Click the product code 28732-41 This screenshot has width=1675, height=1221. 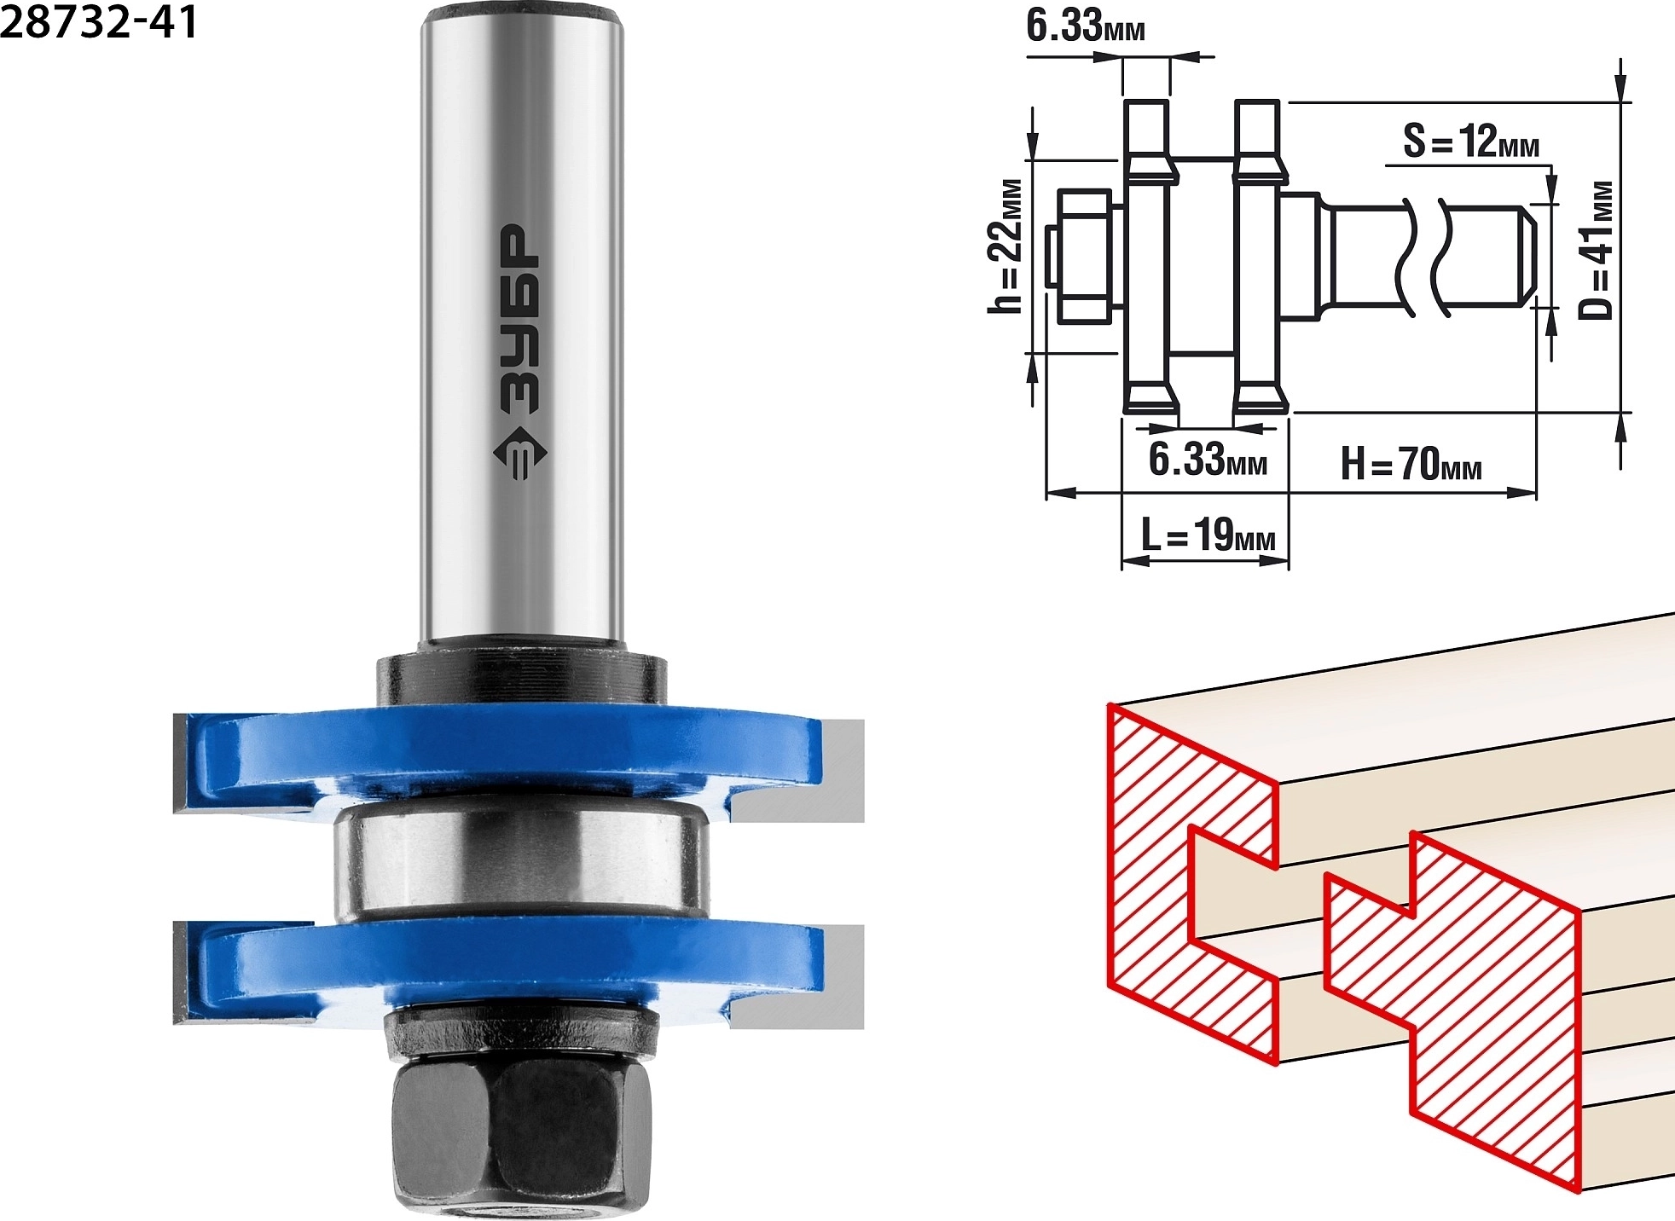click(98, 21)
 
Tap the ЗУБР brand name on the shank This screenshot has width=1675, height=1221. click(519, 320)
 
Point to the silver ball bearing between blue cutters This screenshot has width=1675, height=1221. click(521, 866)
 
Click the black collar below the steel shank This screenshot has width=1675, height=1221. click(522, 678)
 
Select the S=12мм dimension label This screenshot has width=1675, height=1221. click(1471, 142)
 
